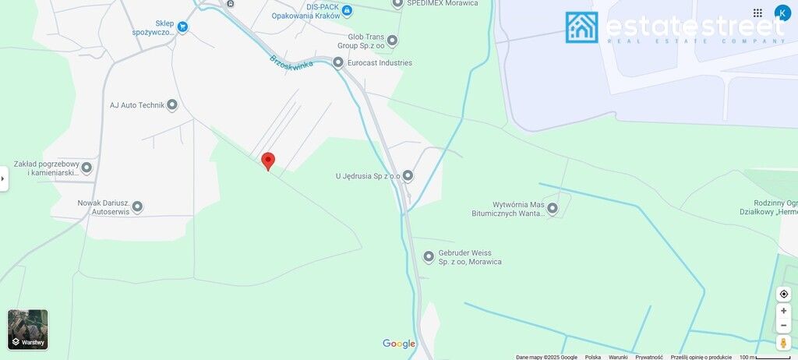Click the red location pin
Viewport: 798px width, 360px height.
(x=268, y=161)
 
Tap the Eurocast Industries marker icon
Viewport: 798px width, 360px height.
(x=338, y=62)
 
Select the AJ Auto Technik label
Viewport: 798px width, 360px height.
(x=136, y=105)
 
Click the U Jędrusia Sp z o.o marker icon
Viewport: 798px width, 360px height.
(x=408, y=176)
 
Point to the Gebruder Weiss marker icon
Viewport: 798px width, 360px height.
(x=429, y=257)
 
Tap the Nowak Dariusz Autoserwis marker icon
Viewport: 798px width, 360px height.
(x=137, y=206)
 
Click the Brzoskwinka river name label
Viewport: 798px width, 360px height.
(x=291, y=61)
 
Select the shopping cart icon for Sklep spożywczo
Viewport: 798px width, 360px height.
(x=182, y=27)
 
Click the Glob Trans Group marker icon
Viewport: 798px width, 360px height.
(x=392, y=41)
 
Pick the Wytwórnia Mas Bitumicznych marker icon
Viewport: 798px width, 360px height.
(x=553, y=208)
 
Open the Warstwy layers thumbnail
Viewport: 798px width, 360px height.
(x=28, y=330)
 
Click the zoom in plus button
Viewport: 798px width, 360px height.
(x=784, y=311)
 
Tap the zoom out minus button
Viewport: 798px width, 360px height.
(x=784, y=326)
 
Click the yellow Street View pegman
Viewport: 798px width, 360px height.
(x=784, y=343)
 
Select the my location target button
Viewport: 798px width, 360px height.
(x=784, y=294)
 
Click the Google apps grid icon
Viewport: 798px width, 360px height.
(x=757, y=13)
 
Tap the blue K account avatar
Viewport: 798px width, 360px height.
(x=782, y=13)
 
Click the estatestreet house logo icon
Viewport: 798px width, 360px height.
(x=582, y=27)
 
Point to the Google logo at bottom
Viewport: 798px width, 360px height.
(x=399, y=344)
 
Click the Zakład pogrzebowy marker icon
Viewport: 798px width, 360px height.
(x=87, y=168)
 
